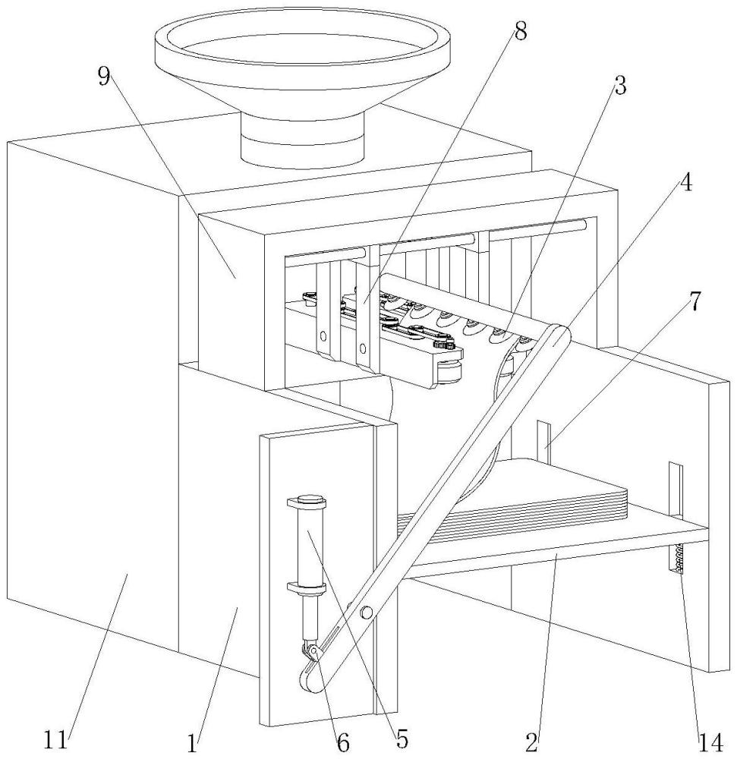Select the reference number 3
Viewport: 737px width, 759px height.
coord(620,86)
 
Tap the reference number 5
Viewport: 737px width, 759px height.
coord(402,736)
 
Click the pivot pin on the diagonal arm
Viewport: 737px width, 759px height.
coord(367,613)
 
